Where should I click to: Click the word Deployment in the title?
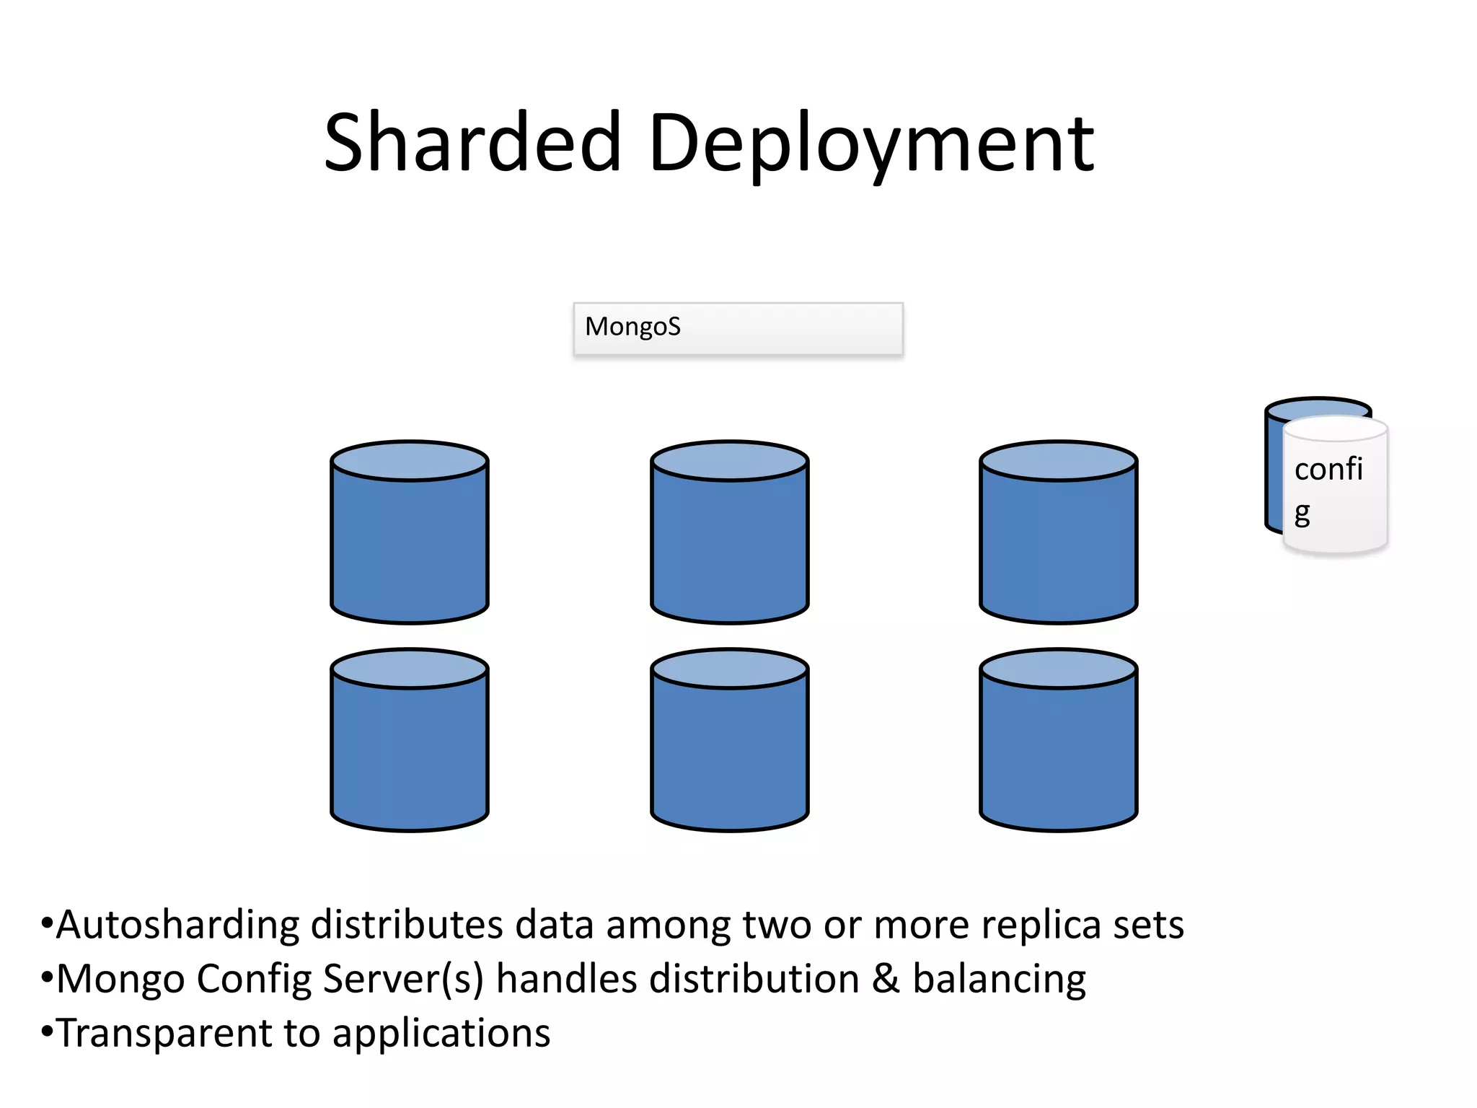click(871, 144)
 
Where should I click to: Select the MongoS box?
click(738, 329)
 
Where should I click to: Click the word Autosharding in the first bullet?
click(177, 925)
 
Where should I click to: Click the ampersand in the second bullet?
click(886, 980)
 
